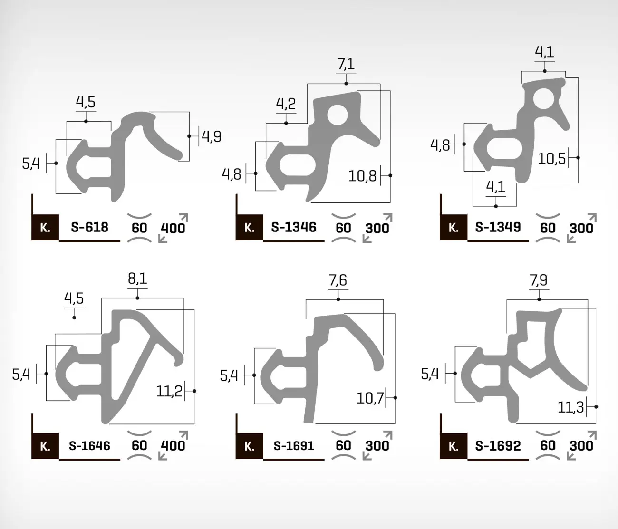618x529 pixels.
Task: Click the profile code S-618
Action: pyautogui.click(x=89, y=227)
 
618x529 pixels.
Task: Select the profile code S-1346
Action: pyautogui.click(x=294, y=227)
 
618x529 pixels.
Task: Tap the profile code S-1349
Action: pyautogui.click(x=498, y=227)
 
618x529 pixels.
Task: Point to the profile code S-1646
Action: pyautogui.click(x=89, y=446)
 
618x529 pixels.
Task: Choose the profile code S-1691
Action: pyautogui.click(x=294, y=446)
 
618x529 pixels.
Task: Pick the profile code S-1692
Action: pyautogui.click(x=498, y=446)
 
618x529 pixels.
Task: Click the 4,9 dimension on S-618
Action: pyautogui.click(x=212, y=136)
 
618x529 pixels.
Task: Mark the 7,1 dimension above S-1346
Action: pyautogui.click(x=346, y=64)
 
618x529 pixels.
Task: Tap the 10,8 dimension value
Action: pyautogui.click(x=362, y=176)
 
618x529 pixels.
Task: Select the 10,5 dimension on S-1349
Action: pyautogui.click(x=551, y=158)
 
